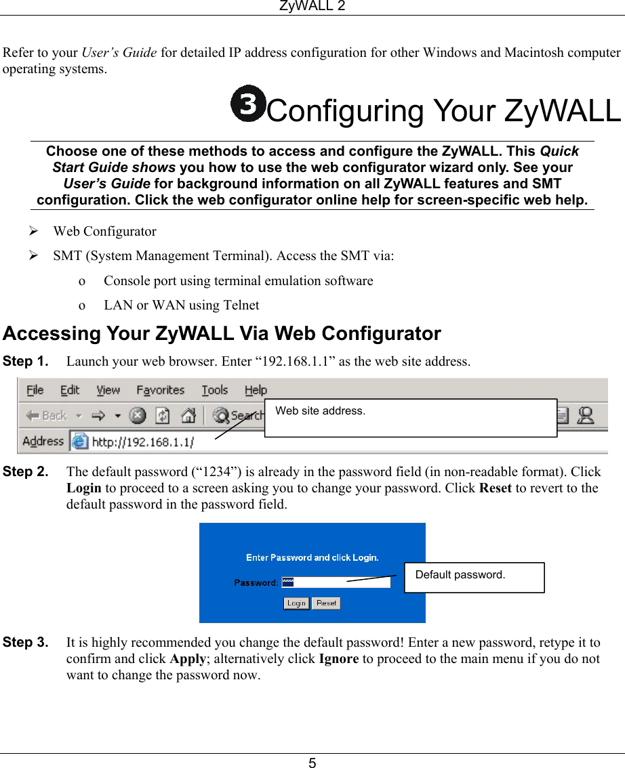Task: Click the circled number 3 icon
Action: [247, 104]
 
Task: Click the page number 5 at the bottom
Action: [312, 763]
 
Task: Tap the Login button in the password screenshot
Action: [296, 603]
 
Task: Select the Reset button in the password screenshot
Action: [326, 603]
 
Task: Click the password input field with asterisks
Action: [336, 582]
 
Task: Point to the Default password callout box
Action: [474, 577]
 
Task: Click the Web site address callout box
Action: [410, 417]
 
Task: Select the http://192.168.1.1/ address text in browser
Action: [142, 442]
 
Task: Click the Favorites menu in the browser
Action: [160, 390]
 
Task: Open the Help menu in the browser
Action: [256, 390]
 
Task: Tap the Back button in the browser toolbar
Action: [47, 416]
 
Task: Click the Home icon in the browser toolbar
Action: [189, 415]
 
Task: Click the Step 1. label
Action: [26, 361]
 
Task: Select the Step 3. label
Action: [26, 641]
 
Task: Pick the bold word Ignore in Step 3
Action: [338, 658]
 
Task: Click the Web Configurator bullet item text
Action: [105, 232]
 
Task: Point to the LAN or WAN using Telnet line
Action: [181, 305]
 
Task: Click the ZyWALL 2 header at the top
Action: [312, 6]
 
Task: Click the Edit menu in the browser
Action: [70, 390]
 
